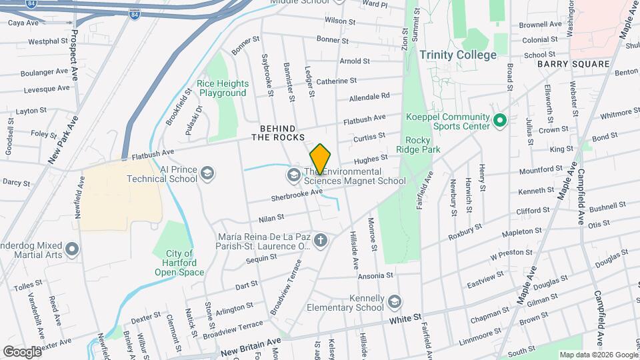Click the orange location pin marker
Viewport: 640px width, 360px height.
[320, 159]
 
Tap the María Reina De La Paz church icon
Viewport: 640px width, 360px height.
[321, 241]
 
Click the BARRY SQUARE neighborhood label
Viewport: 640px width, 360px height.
[573, 64]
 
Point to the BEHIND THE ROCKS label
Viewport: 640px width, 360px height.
[277, 132]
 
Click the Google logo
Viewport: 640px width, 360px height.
[22, 351]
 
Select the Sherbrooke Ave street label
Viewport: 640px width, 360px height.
[297, 195]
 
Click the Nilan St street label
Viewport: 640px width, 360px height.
[271, 217]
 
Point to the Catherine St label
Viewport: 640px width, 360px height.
[336, 81]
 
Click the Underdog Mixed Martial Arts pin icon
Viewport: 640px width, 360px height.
[73, 249]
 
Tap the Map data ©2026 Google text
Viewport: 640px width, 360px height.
[599, 355]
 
